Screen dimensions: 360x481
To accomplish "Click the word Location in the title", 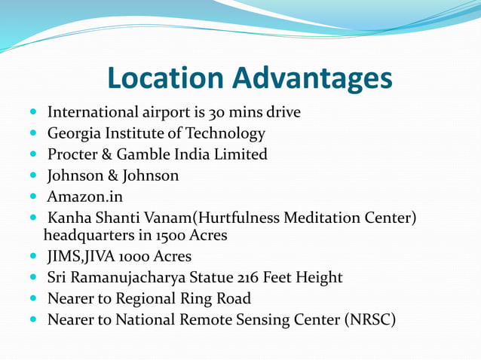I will pos(165,78).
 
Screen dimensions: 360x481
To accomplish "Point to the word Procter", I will pos(73,155).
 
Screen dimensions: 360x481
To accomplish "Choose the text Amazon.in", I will pos(84,197).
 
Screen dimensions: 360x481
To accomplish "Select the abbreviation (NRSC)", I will pos(369,320).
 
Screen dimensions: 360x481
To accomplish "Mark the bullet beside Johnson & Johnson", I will pos(35,176).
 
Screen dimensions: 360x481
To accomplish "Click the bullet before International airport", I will pos(35,113).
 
